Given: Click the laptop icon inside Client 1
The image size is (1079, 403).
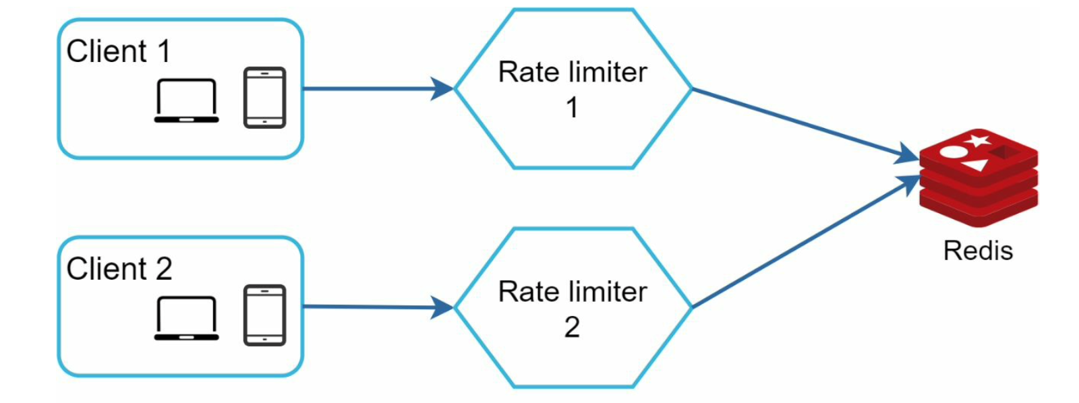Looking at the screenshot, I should [x=187, y=101].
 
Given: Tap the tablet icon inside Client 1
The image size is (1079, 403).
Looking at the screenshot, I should [x=264, y=98].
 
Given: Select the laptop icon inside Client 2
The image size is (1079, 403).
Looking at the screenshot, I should [x=187, y=318].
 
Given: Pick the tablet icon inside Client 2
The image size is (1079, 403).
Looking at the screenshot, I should [x=264, y=315].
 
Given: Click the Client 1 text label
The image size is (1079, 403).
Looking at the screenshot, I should [x=118, y=51].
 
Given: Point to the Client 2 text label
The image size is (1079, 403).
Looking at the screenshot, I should [x=119, y=269].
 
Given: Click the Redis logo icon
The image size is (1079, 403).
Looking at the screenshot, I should [x=979, y=177].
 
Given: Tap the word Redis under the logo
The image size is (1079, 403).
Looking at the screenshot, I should [x=978, y=251].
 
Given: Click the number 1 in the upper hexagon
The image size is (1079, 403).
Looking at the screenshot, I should [x=572, y=108].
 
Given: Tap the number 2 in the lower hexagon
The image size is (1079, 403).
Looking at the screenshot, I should [x=572, y=328].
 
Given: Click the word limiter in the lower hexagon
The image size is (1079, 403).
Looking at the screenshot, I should [x=607, y=292].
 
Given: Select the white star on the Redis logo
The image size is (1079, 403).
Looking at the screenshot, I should [x=979, y=140].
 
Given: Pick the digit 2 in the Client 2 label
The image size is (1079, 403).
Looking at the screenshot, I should [x=163, y=269].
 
